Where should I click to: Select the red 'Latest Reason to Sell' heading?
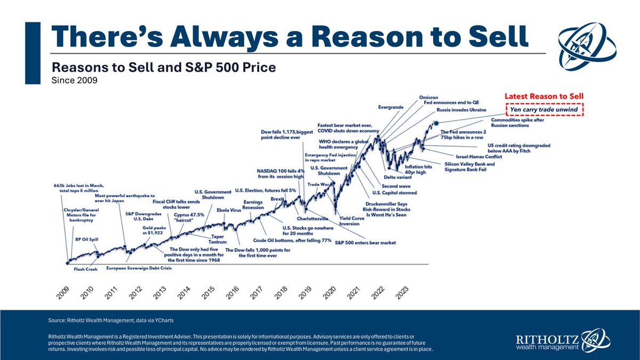coord(544,96)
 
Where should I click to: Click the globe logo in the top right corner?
coord(585,44)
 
